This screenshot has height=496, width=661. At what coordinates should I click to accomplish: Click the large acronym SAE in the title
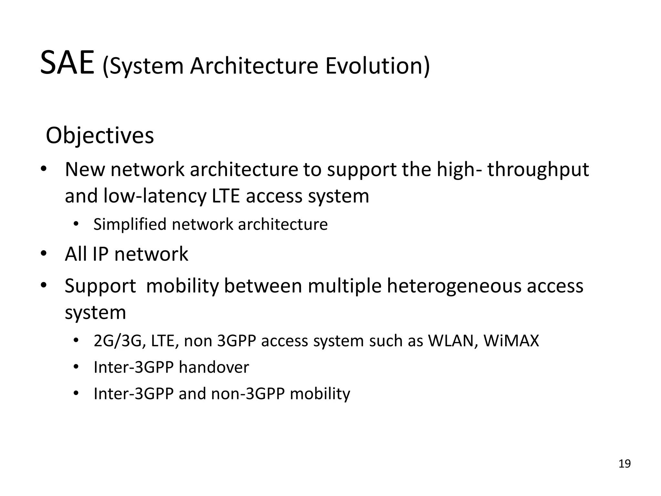[67, 63]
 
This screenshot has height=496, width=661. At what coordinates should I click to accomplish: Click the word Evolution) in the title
[377, 66]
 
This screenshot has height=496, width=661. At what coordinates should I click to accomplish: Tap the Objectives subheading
[100, 136]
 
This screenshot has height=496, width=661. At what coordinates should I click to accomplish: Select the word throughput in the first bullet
[538, 170]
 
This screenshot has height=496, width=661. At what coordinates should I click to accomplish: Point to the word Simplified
[130, 224]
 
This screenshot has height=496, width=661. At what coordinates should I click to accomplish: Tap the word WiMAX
[511, 341]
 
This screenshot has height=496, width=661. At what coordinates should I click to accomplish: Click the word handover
[214, 367]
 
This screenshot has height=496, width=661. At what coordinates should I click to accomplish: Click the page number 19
[625, 464]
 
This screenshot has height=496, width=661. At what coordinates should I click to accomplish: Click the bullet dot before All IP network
[44, 254]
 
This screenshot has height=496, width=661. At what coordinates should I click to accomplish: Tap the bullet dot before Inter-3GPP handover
[76, 367]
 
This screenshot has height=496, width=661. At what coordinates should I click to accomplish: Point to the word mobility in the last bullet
[320, 394]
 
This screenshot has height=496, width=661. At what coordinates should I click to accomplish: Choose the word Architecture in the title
[254, 66]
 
